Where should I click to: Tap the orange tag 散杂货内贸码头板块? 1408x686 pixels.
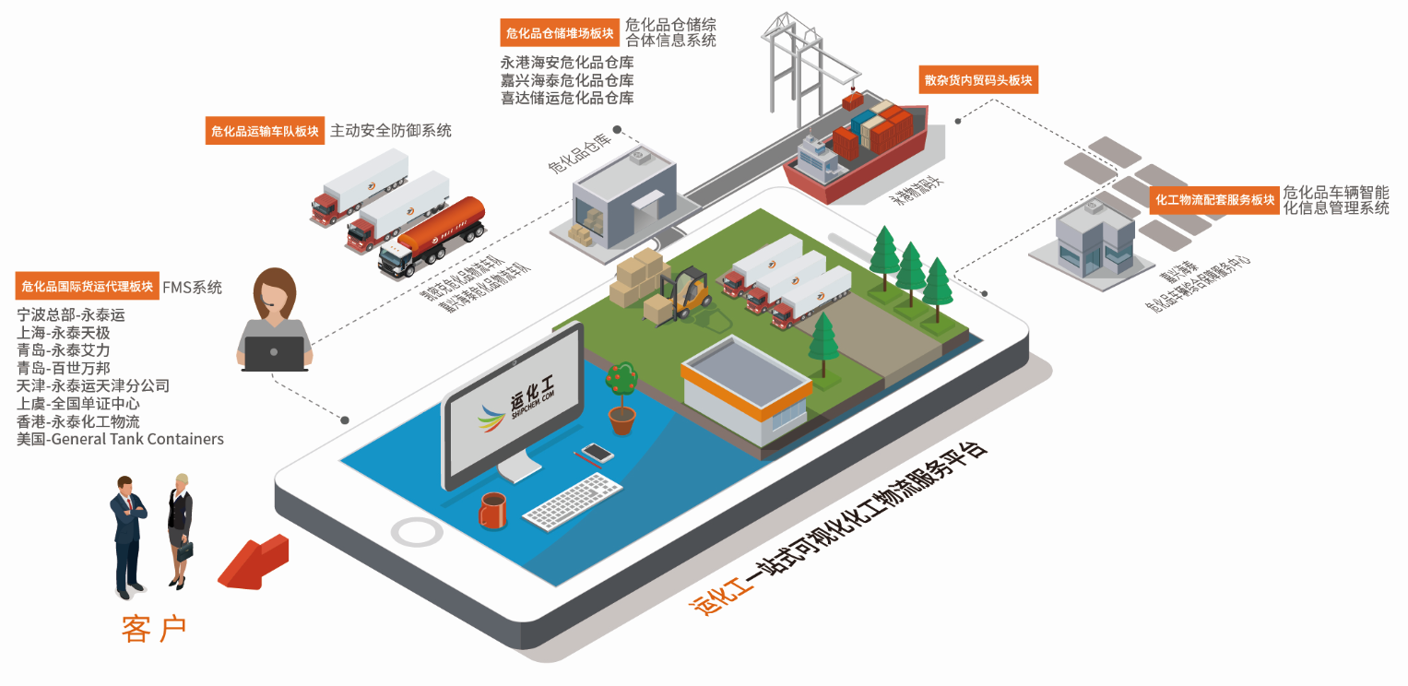click(x=978, y=80)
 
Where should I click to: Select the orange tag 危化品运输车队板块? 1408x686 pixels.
click(x=266, y=132)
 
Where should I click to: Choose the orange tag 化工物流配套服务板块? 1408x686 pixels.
click(x=1214, y=199)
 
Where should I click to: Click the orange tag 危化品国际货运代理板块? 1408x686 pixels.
click(x=88, y=287)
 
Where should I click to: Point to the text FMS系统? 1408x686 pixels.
click(x=192, y=288)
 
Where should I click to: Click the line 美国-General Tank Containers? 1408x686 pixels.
click(x=120, y=439)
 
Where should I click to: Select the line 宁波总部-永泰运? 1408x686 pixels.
click(x=70, y=315)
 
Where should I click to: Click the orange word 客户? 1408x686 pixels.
click(x=154, y=629)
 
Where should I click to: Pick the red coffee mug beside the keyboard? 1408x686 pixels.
click(x=492, y=509)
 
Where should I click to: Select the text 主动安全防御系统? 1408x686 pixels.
click(x=391, y=131)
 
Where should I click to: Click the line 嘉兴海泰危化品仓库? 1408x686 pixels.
click(x=567, y=80)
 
